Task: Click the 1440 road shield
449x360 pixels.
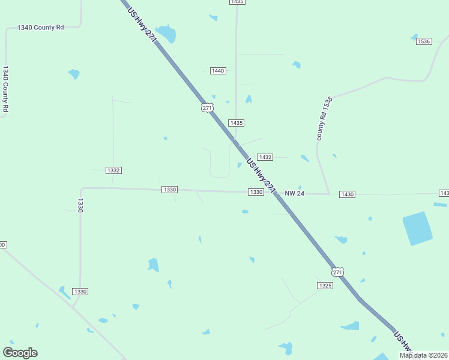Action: (x=218, y=71)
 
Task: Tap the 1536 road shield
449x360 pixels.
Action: (x=424, y=41)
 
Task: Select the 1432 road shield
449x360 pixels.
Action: (x=265, y=157)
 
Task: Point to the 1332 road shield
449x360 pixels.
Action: (x=113, y=170)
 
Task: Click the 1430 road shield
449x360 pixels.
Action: (x=347, y=194)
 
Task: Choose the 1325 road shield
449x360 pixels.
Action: (x=325, y=286)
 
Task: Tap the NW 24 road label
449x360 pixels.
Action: (x=295, y=193)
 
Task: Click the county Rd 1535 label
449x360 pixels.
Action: (x=324, y=118)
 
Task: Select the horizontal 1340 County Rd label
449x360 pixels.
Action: (x=41, y=28)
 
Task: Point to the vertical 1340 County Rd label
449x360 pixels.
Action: (x=5, y=89)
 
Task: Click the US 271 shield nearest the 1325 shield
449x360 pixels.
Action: (x=339, y=272)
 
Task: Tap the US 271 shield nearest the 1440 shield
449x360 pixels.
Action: (x=206, y=107)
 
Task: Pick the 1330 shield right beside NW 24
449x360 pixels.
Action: (x=256, y=192)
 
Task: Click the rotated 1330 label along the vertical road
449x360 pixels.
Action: (x=80, y=205)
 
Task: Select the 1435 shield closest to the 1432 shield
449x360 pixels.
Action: (x=237, y=123)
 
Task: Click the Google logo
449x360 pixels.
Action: (x=20, y=353)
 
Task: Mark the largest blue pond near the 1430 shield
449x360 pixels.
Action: (x=417, y=229)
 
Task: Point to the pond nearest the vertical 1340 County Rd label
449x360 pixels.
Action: (x=74, y=74)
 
